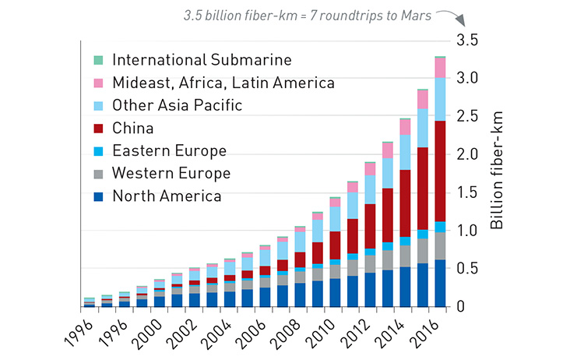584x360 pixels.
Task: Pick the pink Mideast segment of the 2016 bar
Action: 440,68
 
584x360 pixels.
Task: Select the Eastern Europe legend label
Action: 169,151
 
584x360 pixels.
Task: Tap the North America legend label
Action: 166,196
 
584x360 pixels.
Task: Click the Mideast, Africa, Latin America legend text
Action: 223,83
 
